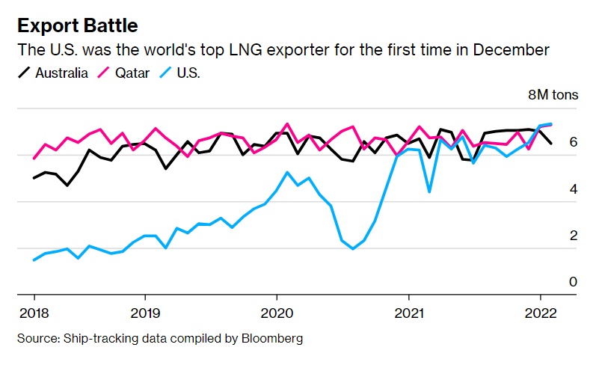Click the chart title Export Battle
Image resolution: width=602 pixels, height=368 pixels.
point(77,25)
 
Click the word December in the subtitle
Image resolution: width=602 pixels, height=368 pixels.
point(511,49)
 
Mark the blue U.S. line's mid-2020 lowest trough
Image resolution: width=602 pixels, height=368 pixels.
point(353,249)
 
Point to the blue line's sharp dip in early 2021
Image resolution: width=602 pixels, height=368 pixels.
point(429,192)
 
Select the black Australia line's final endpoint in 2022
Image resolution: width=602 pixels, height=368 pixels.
point(552,143)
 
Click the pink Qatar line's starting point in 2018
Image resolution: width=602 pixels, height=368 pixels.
point(34,159)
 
